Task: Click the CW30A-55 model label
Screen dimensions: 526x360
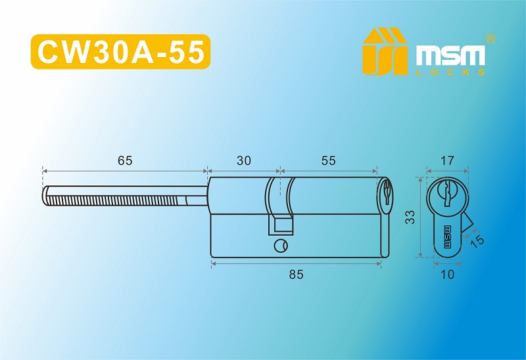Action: (120, 52)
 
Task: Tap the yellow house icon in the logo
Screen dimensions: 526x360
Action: (385, 51)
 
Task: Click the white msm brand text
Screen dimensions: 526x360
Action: (450, 55)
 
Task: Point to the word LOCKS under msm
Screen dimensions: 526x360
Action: (450, 72)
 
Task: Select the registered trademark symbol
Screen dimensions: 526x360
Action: (490, 39)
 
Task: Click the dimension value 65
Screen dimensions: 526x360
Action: (125, 160)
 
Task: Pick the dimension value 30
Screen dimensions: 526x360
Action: (244, 160)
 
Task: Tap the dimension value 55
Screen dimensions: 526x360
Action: (328, 160)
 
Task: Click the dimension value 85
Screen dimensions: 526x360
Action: (297, 275)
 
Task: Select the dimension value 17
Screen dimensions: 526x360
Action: (447, 160)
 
